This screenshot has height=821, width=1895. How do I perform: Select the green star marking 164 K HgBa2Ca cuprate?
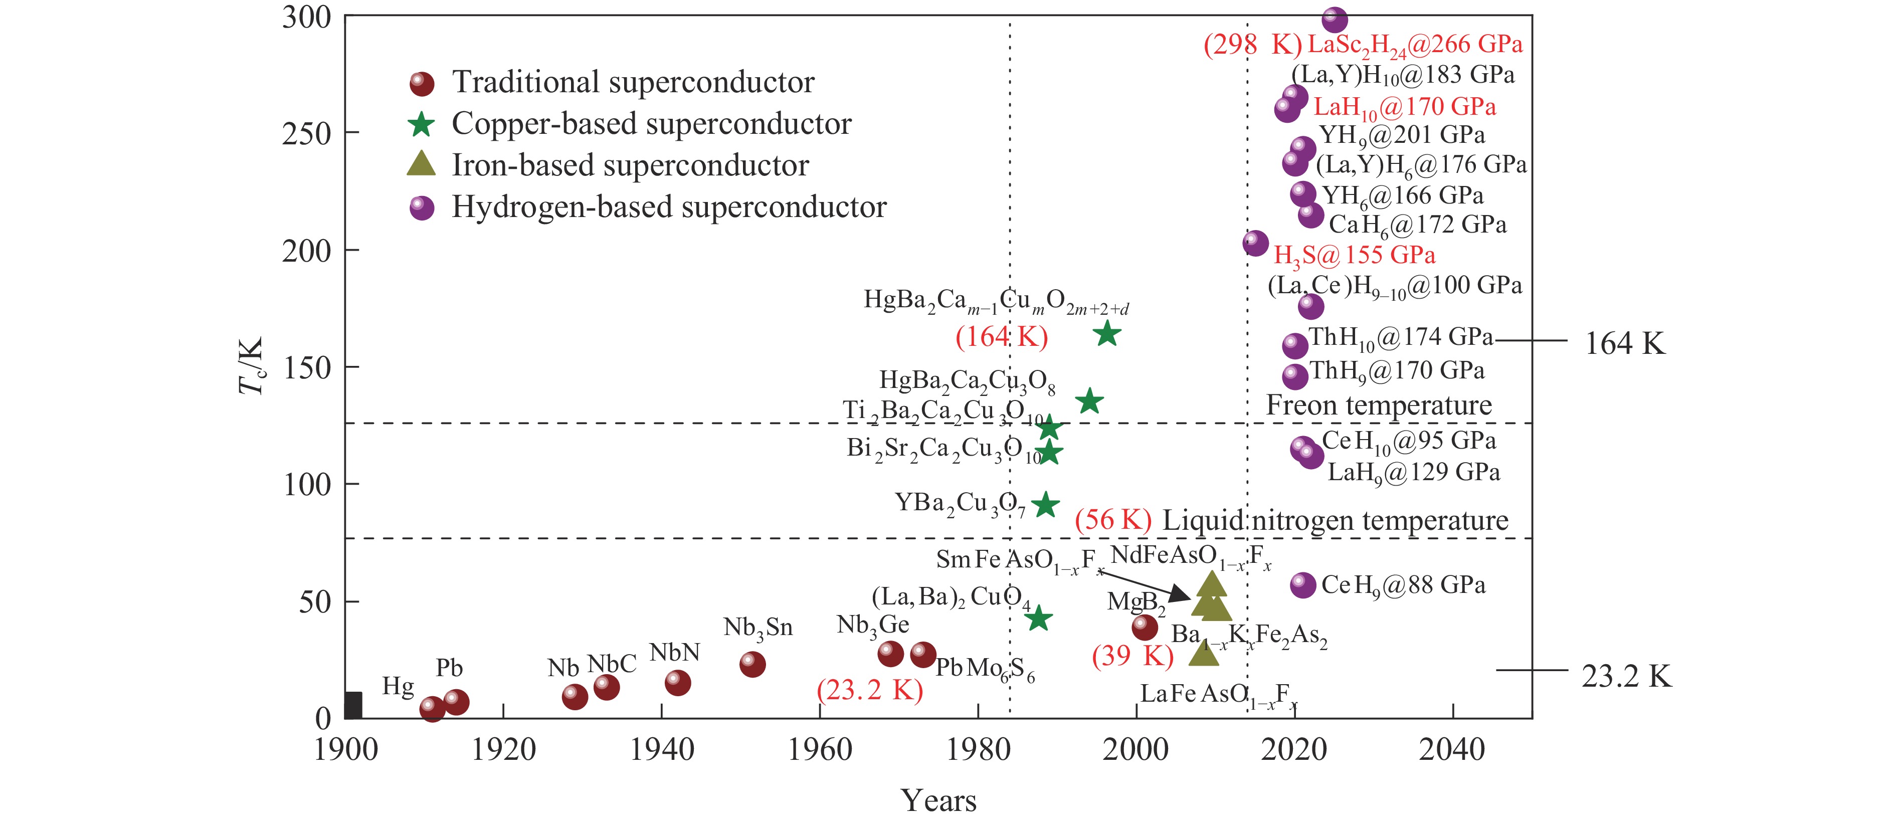(1107, 334)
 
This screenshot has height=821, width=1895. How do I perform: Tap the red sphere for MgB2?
(1144, 628)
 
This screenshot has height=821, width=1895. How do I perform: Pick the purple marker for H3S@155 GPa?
(1255, 243)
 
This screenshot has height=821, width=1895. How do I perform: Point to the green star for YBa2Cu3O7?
(1045, 505)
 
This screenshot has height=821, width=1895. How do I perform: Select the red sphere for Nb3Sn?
(752, 664)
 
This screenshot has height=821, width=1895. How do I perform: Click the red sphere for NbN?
(677, 683)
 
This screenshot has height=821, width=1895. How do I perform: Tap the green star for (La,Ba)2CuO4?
(1038, 619)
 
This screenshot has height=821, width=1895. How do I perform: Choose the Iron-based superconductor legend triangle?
(422, 164)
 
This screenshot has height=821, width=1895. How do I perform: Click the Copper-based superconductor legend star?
(422, 124)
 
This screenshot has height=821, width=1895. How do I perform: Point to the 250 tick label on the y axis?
(307, 134)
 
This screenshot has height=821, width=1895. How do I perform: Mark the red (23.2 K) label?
(869, 690)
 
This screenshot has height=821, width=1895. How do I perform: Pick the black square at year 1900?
(353, 705)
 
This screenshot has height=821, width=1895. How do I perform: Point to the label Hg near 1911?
(398, 686)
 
